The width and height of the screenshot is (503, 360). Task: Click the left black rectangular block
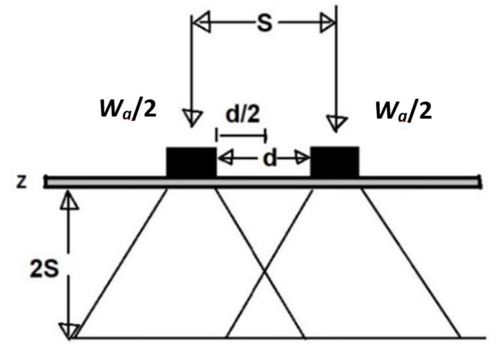tap(191, 162)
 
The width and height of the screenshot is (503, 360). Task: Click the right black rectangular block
tap(335, 162)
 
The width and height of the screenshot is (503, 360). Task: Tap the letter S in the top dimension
tap(265, 25)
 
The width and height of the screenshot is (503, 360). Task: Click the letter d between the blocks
tap(269, 158)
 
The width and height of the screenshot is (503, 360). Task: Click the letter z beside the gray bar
tap(21, 181)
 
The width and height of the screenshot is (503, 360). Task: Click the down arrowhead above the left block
tap(192, 118)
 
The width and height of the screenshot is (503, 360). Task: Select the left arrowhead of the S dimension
tap(200, 25)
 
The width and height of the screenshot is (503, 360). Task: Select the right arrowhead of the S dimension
tap(328, 25)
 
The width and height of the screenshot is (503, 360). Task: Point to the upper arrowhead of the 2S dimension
tap(70, 200)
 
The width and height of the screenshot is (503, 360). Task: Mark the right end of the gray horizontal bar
tap(479, 182)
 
